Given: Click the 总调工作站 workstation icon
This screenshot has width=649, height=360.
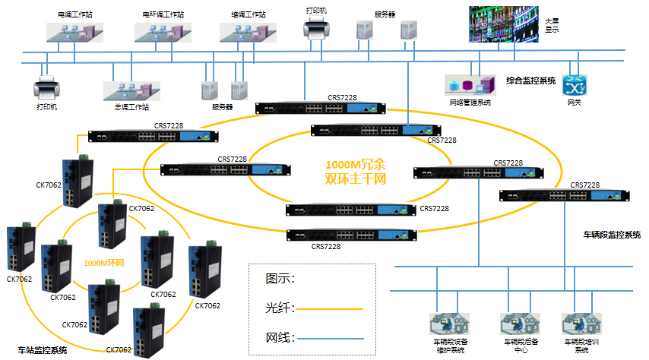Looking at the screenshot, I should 132,90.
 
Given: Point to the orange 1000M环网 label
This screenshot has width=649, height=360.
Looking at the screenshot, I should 103,263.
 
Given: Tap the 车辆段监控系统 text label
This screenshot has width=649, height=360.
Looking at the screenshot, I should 612,235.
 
